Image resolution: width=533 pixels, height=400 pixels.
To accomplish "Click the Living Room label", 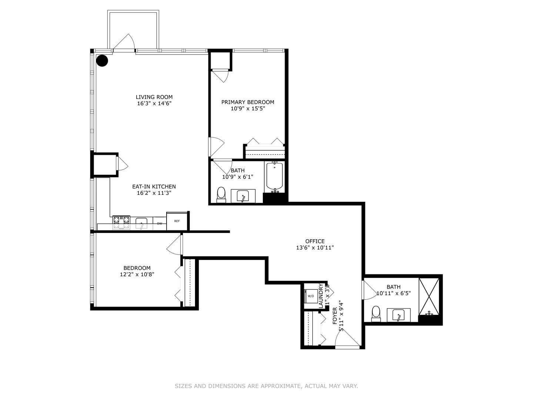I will pos(154,97).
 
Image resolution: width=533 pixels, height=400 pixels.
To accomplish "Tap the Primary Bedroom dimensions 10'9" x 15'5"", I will pos(248,109).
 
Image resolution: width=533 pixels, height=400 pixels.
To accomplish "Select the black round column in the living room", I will pos(102,61).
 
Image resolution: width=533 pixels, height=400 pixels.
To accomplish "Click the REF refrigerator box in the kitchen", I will pos(177,221).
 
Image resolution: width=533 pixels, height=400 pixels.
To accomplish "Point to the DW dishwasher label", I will pos(160,223).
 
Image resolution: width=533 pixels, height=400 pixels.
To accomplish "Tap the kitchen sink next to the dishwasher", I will pos(141,223).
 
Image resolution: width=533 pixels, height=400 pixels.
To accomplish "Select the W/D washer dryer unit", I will pos(311,296).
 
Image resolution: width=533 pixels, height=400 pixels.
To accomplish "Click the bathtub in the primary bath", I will pos(275,176).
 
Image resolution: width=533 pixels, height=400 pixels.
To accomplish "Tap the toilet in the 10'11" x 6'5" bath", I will pos(376,313).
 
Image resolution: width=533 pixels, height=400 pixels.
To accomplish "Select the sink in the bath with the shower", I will pos(399,315).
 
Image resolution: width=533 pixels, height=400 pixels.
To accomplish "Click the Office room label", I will pos(315,241).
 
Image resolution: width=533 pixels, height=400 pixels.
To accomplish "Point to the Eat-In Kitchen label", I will pos(154,187).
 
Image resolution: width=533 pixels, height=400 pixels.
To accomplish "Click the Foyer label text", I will pos(335,316).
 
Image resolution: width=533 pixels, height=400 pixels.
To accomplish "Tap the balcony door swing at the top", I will pos(124,42).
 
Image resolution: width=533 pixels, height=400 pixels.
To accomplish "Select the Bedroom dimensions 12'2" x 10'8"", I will pos(137,274).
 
